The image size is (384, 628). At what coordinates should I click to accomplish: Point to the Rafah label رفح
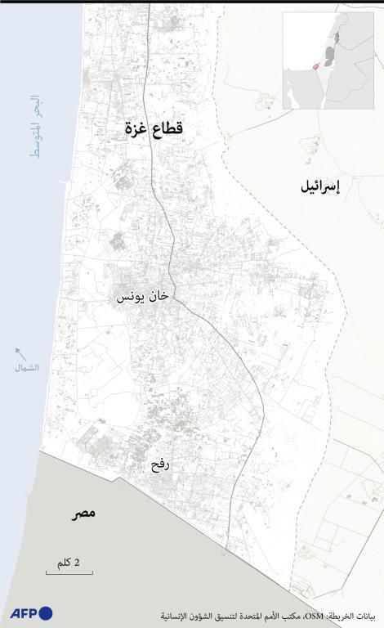[x=159, y=466]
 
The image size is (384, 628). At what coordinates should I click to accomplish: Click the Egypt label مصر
[x=82, y=513]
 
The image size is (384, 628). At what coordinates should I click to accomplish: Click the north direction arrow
[x=21, y=353]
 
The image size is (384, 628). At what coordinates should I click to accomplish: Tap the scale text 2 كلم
[x=68, y=563]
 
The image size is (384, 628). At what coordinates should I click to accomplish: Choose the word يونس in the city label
[x=131, y=297]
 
